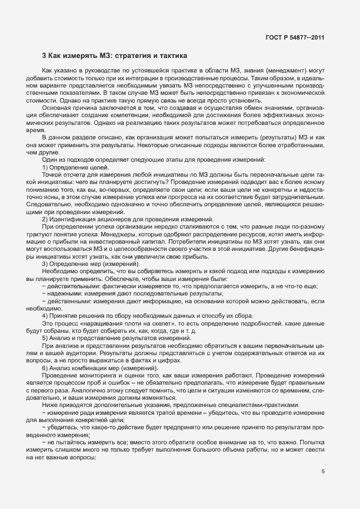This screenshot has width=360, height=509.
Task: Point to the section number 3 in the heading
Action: pyautogui.click(x=45, y=56)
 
